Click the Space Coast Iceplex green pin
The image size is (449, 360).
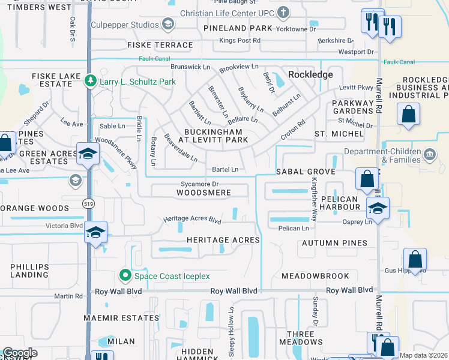point(125,275)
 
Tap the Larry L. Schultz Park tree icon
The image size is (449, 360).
point(90,80)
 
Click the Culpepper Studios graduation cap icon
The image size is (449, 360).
point(168,24)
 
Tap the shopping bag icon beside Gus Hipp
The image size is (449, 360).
point(415,259)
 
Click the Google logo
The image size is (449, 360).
point(20,353)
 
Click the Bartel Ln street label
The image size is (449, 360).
point(225,169)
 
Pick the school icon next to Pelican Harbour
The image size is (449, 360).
point(377,208)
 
